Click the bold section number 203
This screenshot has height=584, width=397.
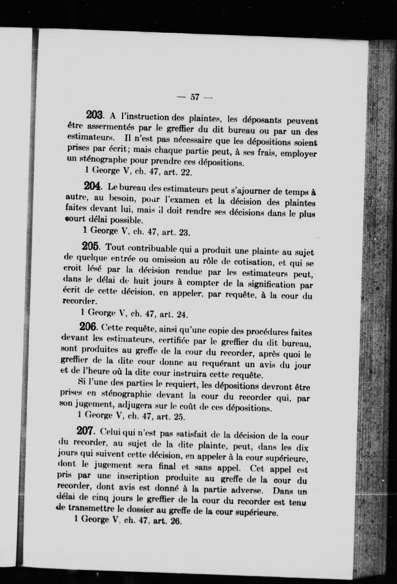coord(94,115)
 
